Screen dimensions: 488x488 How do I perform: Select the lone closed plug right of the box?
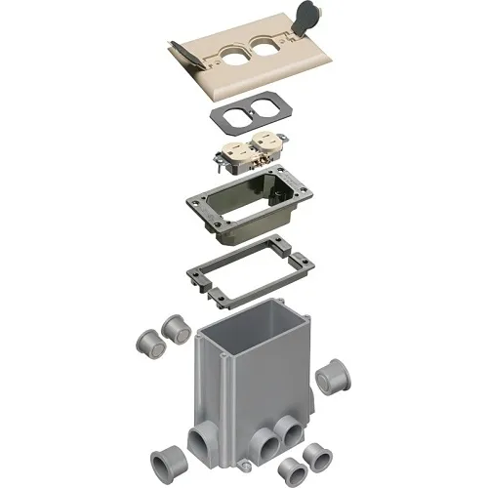334,376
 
